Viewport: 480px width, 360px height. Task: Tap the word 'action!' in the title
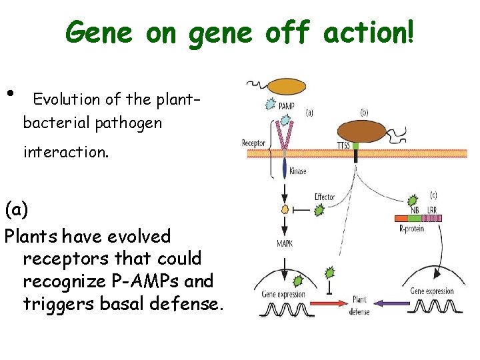(x=369, y=32)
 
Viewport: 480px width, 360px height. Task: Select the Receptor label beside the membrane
(x=253, y=143)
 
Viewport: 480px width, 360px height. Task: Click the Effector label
(x=325, y=197)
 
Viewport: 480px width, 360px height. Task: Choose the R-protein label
(x=411, y=229)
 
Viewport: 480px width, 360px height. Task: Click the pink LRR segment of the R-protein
(x=433, y=218)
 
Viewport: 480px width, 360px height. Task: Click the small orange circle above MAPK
(x=285, y=210)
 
